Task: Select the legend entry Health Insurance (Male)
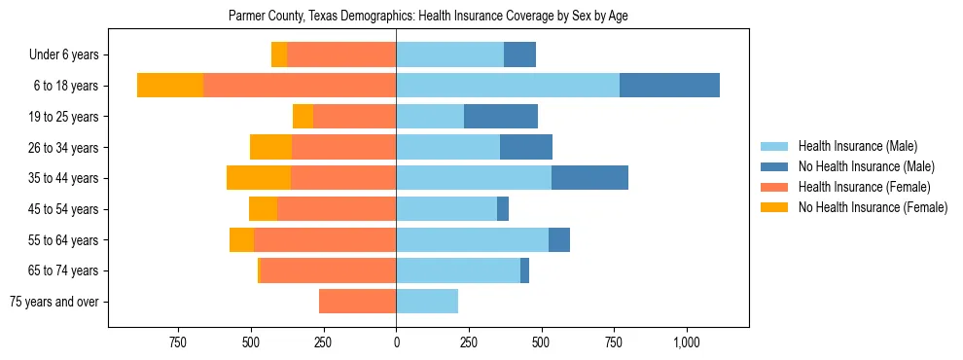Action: pos(857,146)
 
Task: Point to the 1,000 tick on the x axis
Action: pos(687,342)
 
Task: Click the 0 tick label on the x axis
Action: pos(396,342)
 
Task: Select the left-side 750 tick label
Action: pos(177,342)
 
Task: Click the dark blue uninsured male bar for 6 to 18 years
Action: pos(669,86)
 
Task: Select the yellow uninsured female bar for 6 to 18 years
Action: pos(170,86)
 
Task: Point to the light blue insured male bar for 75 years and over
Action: pos(427,302)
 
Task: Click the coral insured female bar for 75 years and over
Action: pos(357,302)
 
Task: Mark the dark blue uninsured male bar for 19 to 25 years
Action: pos(501,117)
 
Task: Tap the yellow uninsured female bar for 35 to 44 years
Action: pos(259,178)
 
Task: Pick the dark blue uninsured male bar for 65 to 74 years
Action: pos(524,270)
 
